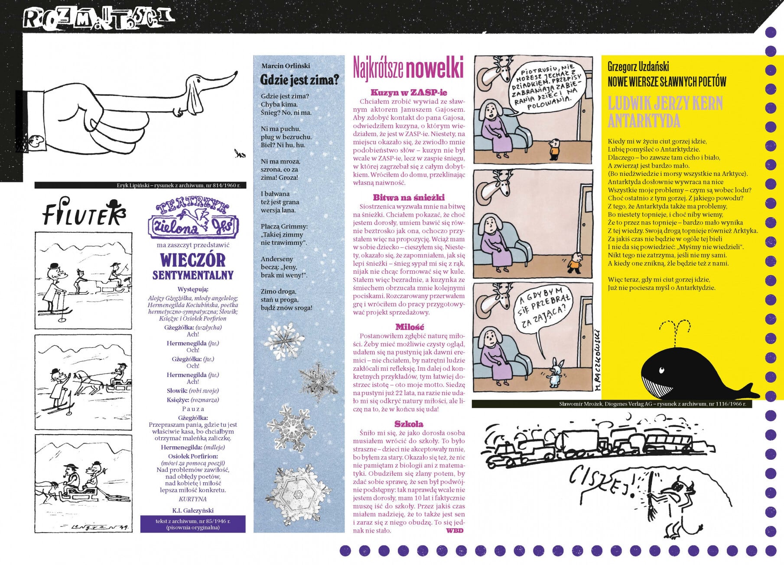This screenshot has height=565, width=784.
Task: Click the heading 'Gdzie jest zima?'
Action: pyautogui.click(x=299, y=80)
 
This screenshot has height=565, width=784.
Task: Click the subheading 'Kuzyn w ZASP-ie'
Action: pyautogui.click(x=409, y=92)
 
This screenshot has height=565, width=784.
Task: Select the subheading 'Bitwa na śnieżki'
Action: pyautogui.click(x=409, y=197)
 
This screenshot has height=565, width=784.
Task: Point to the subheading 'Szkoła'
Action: pyautogui.click(x=409, y=424)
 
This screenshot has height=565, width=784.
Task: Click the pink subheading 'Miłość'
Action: pyautogui.click(x=409, y=327)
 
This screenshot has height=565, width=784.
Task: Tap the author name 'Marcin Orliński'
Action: pyautogui.click(x=286, y=66)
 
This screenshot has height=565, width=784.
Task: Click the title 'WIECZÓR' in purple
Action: pyautogui.click(x=193, y=260)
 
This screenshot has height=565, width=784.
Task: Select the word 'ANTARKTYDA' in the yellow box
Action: pyautogui.click(x=644, y=121)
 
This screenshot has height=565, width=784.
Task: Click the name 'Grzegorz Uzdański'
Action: pyautogui.click(x=638, y=66)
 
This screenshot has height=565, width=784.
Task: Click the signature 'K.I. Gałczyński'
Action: pyautogui.click(x=192, y=510)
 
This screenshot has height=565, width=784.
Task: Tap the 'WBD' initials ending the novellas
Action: pyautogui.click(x=455, y=530)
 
